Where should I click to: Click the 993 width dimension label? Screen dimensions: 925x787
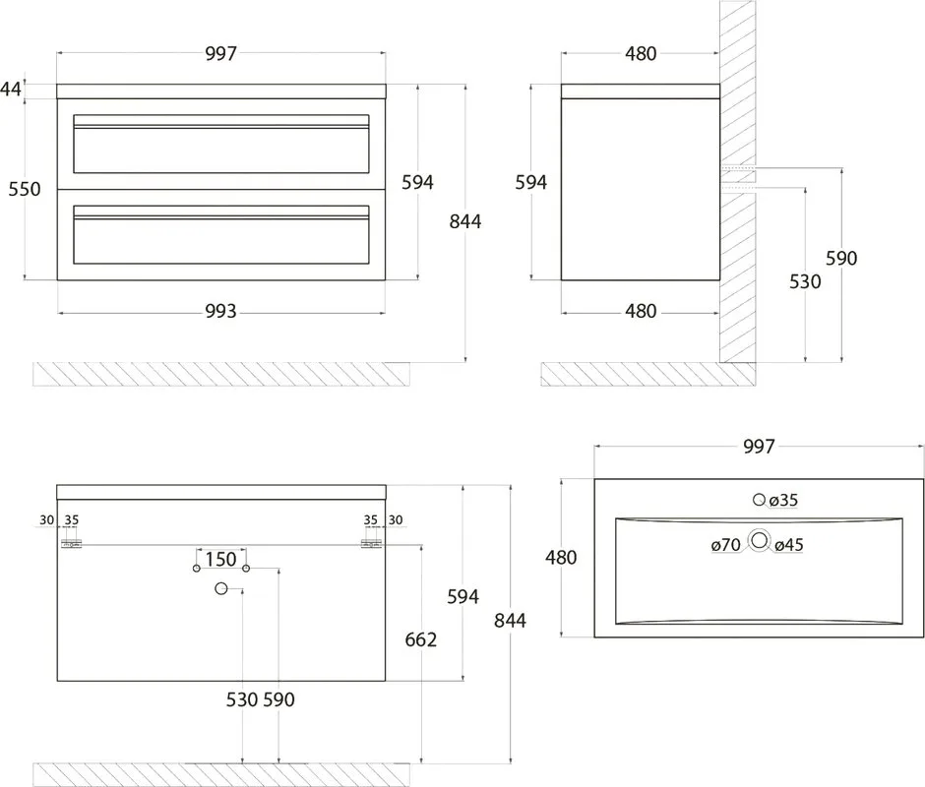coord(220,311)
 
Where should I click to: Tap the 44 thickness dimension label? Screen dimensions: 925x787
coord(11,90)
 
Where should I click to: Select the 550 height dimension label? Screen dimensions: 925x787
coord(25,190)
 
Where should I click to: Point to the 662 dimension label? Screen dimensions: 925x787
coord(420,639)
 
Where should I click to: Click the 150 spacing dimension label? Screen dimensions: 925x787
coord(220,559)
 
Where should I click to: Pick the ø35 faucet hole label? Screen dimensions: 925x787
coord(784,501)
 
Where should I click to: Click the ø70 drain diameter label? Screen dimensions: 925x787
coord(726,545)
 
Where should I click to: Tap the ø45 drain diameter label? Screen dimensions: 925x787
coord(789,545)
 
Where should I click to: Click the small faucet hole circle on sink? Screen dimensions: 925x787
coord(760,500)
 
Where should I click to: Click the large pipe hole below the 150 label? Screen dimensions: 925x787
coord(221,588)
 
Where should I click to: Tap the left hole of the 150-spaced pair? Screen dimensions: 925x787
coord(197,569)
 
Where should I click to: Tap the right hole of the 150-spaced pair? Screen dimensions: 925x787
coord(246,569)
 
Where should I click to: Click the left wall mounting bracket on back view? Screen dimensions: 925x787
coord(72,544)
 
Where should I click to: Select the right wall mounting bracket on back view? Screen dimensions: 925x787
coord(372,544)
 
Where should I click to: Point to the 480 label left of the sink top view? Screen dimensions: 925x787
coord(561,558)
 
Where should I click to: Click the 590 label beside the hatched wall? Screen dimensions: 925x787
coord(841,259)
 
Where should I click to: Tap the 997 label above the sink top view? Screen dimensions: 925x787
coord(759,447)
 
